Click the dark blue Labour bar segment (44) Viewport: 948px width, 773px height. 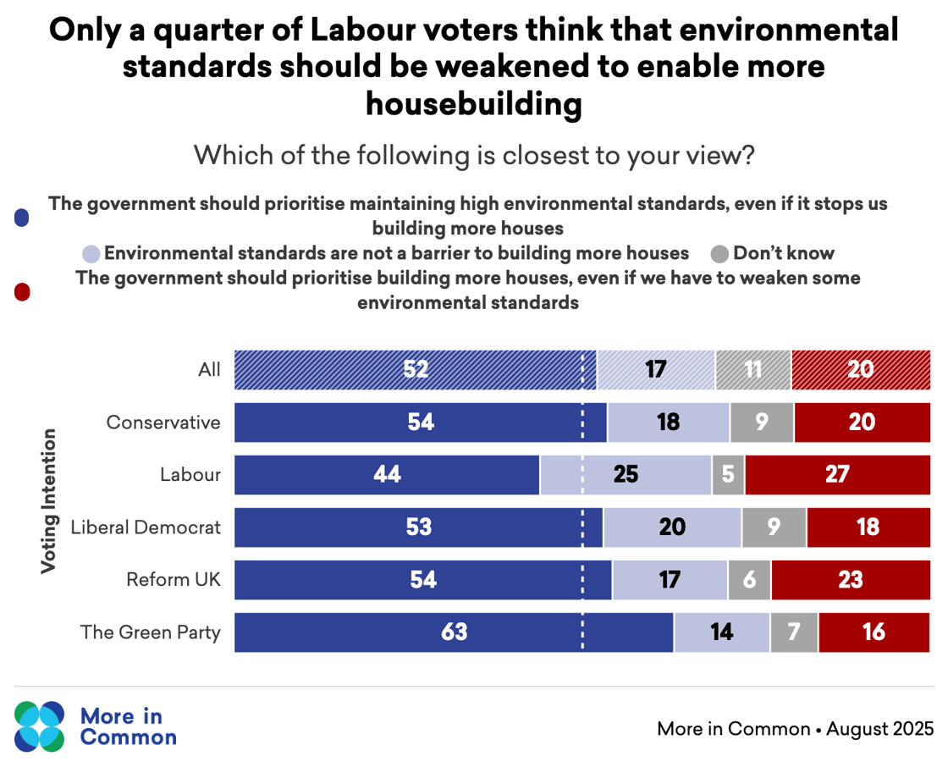click(387, 475)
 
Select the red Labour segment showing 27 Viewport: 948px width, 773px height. click(837, 475)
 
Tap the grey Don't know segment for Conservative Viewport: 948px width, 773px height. click(762, 422)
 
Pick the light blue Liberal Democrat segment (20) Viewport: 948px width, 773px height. click(672, 527)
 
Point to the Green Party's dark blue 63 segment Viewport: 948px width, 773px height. click(454, 632)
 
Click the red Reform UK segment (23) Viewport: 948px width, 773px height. click(850, 580)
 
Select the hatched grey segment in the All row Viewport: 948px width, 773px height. click(753, 370)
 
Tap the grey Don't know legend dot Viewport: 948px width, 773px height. click(720, 253)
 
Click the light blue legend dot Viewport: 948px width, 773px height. click(91, 253)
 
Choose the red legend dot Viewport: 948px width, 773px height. click(22, 291)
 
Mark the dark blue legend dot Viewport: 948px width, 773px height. click(22, 218)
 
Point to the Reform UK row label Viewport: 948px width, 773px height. click(173, 580)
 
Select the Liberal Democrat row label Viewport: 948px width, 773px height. click(146, 527)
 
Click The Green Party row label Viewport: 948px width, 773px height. click(150, 632)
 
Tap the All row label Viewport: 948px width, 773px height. click(208, 370)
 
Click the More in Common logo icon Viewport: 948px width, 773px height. click(39, 726)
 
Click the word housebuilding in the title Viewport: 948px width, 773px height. click(474, 104)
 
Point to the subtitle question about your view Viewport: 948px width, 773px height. click(474, 156)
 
